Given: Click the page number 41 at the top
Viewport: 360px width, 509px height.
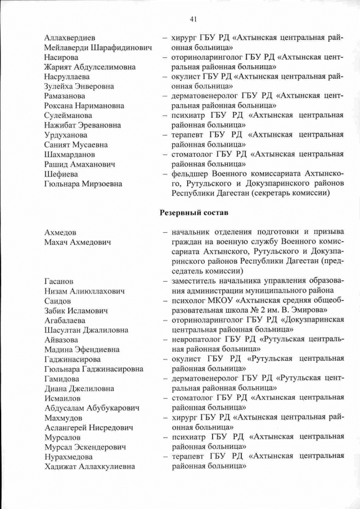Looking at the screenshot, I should [193, 19].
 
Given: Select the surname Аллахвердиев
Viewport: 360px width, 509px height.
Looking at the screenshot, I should [70, 38].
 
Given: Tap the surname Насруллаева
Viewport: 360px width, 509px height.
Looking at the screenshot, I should [69, 77].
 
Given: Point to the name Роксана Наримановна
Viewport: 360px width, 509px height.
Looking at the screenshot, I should [87, 106].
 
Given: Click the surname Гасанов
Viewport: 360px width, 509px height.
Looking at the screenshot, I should [58, 281].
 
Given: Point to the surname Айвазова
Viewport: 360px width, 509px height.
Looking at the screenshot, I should [62, 339].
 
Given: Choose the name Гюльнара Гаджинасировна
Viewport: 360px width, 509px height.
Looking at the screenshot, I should [93, 369].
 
